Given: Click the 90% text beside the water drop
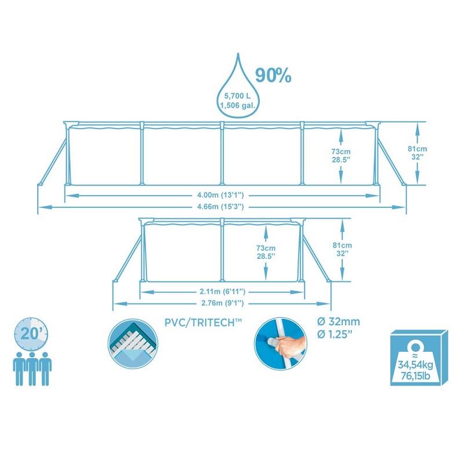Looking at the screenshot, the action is (273, 75).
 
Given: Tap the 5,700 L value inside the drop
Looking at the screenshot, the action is (237, 95).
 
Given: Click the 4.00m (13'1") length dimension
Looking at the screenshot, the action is (221, 195).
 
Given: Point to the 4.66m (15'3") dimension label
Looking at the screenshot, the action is (221, 207).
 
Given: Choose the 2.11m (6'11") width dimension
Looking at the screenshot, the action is (222, 292).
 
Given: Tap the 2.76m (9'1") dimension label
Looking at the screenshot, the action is (222, 303).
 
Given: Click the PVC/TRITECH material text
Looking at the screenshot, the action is (203, 322).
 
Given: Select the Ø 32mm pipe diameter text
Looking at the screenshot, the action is (339, 322).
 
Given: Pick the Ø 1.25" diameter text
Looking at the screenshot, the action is (335, 335).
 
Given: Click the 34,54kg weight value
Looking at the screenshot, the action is (415, 365).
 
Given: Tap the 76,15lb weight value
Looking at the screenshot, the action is (415, 377).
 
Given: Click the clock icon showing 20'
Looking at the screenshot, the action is (31, 334).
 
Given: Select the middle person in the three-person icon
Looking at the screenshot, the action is (32, 369).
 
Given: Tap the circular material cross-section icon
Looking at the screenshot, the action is (133, 344).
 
